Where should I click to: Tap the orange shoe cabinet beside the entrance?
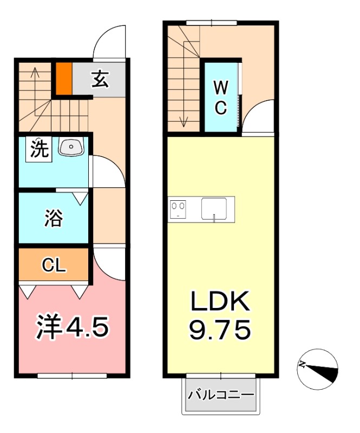coord(64,80)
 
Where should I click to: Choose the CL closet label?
coord(54,265)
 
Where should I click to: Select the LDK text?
coord(220,301)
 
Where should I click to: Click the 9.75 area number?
coord(220,328)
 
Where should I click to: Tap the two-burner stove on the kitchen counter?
coord(178,208)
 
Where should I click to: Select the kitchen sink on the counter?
coord(214,208)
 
